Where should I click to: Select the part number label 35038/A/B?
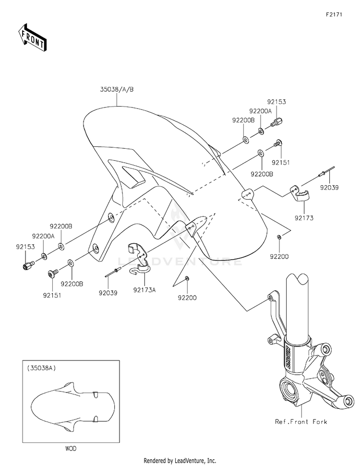pyautogui.click(x=117, y=89)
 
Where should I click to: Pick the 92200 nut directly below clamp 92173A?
pyautogui.click(x=187, y=279)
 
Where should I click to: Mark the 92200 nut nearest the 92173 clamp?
pyautogui.click(x=279, y=238)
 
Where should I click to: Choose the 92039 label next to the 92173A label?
pyautogui.click(x=108, y=291)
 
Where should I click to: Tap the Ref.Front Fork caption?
pyautogui.click(x=301, y=421)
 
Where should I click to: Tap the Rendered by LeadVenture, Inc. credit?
pyautogui.click(x=180, y=460)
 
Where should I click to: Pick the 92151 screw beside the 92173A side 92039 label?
pyautogui.click(x=52, y=273)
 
